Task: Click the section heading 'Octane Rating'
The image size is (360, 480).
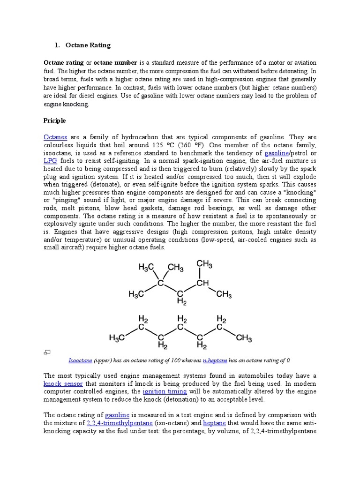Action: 88,45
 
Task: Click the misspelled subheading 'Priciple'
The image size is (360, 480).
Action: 55,120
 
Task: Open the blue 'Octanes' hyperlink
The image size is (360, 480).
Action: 55,137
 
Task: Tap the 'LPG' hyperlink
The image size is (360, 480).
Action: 50,160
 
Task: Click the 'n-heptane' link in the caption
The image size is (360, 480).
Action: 215,360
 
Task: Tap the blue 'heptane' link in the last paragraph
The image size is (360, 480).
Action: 214,423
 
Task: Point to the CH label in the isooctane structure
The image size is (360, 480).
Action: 202,283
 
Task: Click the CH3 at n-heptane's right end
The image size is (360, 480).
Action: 244,337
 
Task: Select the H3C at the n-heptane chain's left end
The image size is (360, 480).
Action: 117,337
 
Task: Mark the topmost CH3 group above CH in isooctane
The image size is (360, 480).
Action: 204,264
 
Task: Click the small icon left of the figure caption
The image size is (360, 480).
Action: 47,352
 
